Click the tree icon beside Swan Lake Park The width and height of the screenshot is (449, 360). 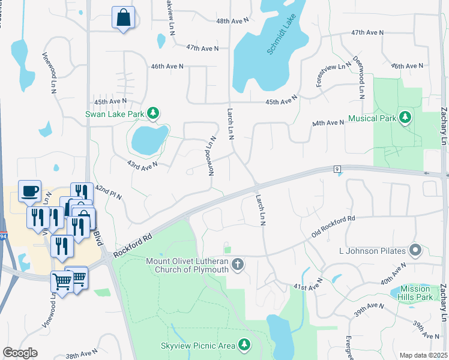click(154, 113)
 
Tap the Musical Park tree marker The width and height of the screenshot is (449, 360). click(406, 118)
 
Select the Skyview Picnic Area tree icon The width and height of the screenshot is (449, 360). click(244, 344)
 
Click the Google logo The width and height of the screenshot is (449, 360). click(20, 353)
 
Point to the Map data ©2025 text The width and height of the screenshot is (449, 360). click(423, 355)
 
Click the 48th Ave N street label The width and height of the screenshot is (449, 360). click(232, 20)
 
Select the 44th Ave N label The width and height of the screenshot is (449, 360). click(328, 123)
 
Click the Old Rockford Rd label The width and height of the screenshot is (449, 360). click(334, 226)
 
